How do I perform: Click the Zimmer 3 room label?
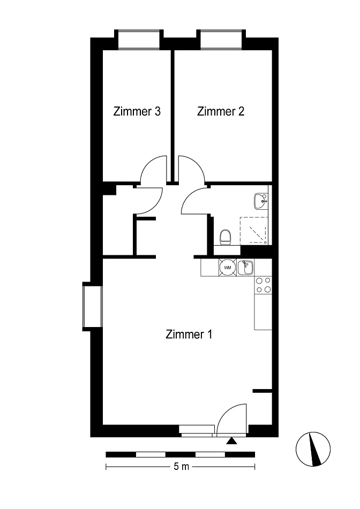pyautogui.click(x=137, y=111)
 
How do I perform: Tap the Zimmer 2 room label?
pyautogui.click(x=221, y=111)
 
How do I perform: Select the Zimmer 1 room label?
pyautogui.click(x=189, y=334)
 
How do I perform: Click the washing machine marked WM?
pyautogui.click(x=228, y=268)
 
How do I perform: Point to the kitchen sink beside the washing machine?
pyautogui.click(x=246, y=268)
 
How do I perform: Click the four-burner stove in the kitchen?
pyautogui.click(x=263, y=285)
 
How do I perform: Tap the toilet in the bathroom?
pyautogui.click(x=225, y=237)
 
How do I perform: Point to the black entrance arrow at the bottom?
pyautogui.click(x=231, y=440)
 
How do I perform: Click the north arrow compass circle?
pyautogui.click(x=313, y=449)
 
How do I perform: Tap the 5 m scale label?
pyautogui.click(x=181, y=467)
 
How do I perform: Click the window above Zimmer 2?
pyautogui.click(x=221, y=40)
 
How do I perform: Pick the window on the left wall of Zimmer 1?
pyautogui.click(x=93, y=307)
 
